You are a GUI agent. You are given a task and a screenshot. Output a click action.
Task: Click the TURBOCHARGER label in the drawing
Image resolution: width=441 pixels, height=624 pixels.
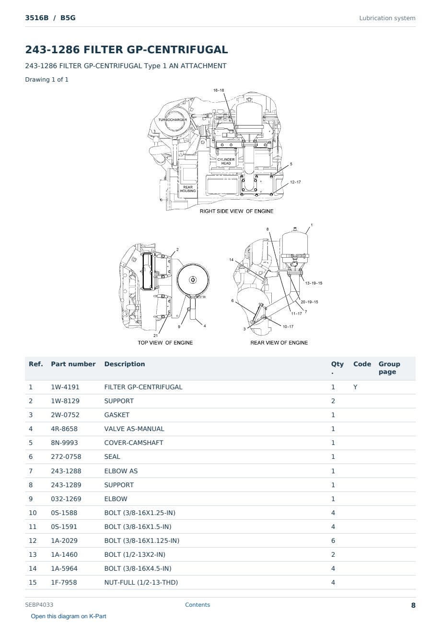click(173, 120)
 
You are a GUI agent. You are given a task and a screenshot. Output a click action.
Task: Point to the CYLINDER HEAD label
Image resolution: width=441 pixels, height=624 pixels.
click(226, 162)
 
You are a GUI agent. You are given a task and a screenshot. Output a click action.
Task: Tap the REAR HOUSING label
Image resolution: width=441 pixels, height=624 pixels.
click(188, 189)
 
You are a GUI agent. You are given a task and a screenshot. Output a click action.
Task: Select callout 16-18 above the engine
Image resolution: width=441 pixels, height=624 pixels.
click(219, 90)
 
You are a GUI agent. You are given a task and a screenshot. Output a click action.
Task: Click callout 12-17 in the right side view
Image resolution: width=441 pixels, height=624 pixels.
click(295, 182)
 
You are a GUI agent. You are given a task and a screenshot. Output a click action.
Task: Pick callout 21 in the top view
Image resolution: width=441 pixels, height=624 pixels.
click(155, 336)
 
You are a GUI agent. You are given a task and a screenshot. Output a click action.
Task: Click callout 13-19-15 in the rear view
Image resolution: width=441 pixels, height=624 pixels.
click(313, 283)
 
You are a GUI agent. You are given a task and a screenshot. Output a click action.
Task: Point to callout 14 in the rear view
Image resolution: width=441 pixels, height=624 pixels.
click(231, 260)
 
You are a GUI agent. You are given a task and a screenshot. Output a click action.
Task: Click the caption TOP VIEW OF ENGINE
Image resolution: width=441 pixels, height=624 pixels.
click(165, 343)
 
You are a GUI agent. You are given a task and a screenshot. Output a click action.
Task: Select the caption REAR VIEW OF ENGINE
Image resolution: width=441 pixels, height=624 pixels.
click(279, 343)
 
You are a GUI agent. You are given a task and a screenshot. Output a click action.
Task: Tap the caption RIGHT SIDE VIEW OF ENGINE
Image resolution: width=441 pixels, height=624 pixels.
click(236, 211)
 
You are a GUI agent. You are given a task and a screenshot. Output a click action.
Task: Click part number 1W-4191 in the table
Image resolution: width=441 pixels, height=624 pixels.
click(65, 387)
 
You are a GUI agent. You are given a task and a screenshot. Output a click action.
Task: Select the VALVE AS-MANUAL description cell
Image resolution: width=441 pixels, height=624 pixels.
click(134, 429)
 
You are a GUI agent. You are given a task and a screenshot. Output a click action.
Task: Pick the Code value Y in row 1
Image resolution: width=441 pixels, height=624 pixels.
click(355, 387)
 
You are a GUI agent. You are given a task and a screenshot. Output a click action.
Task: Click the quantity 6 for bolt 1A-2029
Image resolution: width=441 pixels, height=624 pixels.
click(333, 540)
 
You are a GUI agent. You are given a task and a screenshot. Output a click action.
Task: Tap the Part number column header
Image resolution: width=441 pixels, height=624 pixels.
click(73, 364)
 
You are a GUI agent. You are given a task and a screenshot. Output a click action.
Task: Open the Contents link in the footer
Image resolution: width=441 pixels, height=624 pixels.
click(197, 605)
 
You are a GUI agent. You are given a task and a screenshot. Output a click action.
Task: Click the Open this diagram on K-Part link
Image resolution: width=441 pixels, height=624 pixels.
click(69, 616)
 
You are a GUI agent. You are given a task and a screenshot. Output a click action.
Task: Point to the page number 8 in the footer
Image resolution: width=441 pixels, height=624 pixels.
click(413, 605)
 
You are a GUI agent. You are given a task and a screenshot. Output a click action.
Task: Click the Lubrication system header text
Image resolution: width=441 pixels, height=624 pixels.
click(387, 18)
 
